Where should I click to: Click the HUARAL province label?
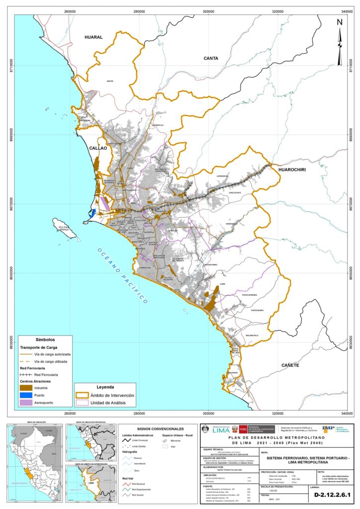pyautogui.click(x=93, y=37)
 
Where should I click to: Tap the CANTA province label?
pyautogui.click(x=211, y=58)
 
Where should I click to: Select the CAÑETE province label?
pyautogui.click(x=290, y=365)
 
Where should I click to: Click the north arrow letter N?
pyautogui.click(x=340, y=22)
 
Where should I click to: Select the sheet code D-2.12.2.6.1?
pyautogui.click(x=333, y=495)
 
